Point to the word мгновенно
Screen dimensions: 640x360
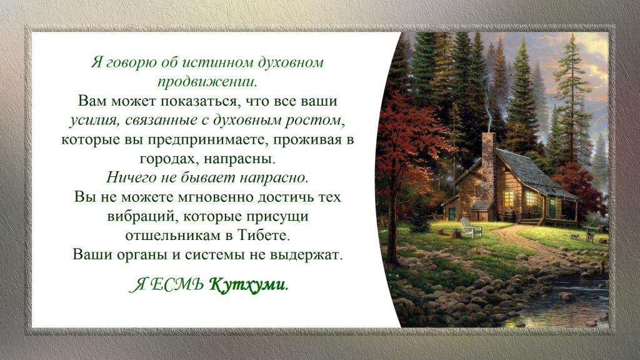(x=216, y=197)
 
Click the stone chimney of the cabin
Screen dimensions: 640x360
(x=488, y=171)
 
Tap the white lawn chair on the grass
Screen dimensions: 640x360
(x=470, y=227)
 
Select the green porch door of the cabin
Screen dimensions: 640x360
(x=552, y=207)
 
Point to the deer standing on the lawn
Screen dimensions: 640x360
(x=589, y=236)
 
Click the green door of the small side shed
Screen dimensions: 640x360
(x=452, y=214)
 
